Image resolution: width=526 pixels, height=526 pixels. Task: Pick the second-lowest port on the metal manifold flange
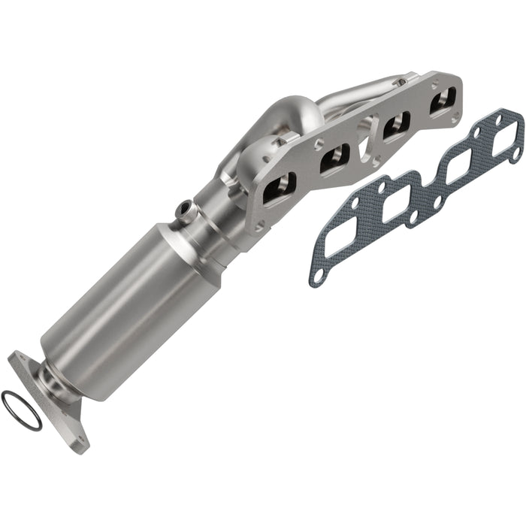tap(333, 157)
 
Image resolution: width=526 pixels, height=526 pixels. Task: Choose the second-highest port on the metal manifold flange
tap(396, 124)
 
